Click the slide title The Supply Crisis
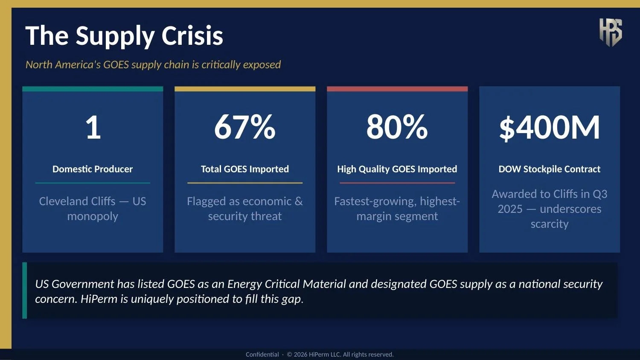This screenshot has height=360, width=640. click(124, 36)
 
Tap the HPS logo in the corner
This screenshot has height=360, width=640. click(610, 32)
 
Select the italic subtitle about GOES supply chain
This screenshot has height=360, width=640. click(153, 65)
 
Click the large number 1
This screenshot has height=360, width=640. click(93, 127)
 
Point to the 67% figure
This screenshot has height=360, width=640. click(244, 127)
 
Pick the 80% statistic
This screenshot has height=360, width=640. click(397, 127)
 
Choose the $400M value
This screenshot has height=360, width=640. click(549, 128)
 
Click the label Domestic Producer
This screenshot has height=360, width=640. click(93, 169)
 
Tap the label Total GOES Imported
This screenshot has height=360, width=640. click(244, 169)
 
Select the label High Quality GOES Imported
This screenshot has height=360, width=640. click(397, 169)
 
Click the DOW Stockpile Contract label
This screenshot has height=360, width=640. click(549, 169)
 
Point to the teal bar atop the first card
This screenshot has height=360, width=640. click(93, 89)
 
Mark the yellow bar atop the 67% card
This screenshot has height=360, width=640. click(244, 89)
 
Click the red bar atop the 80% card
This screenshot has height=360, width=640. click(397, 89)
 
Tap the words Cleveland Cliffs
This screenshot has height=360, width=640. click(77, 201)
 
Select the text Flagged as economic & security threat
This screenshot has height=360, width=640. click(244, 209)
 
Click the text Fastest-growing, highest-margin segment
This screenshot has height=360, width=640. click(397, 209)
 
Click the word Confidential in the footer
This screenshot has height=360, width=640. click(262, 354)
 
